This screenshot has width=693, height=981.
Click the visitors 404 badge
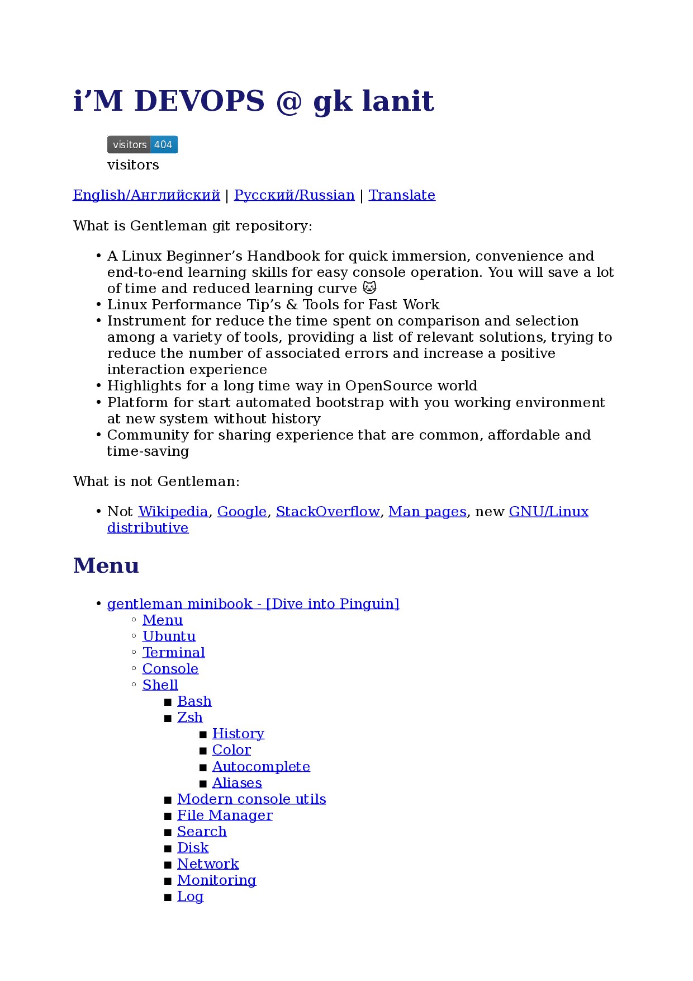coord(143,144)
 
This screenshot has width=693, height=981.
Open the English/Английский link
coord(146,195)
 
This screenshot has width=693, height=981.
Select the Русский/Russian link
coord(294,195)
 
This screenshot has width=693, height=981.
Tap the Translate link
coord(402,195)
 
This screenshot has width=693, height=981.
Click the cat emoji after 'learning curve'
coord(369,288)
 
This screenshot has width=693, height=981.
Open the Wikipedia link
coord(173,512)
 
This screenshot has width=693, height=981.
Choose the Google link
coord(242,512)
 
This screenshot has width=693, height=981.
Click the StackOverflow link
coord(327,512)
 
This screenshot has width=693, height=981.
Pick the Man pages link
coord(428,512)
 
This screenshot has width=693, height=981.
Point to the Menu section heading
coord(106,565)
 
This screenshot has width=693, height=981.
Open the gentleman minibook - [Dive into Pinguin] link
coord(253,604)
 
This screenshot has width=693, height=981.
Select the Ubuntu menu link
coord(169,636)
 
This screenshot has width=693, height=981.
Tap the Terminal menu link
coord(174,653)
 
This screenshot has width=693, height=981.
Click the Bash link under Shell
coord(194,701)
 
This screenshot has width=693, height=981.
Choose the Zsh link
coord(190,718)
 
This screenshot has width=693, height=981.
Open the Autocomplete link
coord(261,767)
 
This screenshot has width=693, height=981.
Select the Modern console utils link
coord(251,799)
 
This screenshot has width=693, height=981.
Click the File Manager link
coord(225,815)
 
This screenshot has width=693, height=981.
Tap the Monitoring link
coord(217,880)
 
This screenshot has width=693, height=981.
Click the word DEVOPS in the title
coord(200,101)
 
